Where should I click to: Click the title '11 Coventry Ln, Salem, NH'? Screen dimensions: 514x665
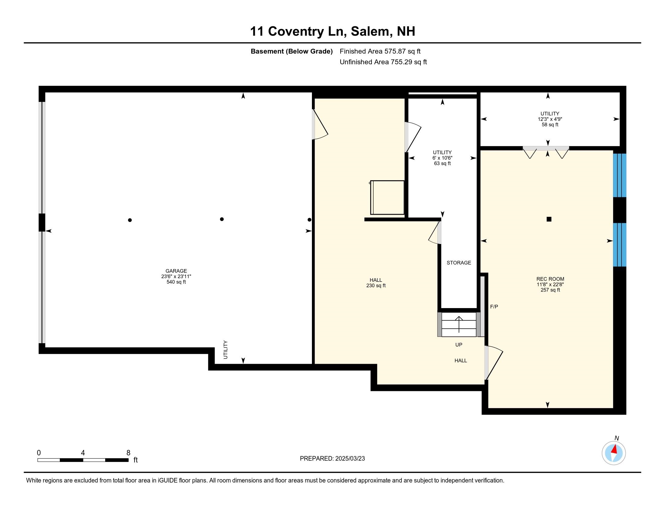[332, 31]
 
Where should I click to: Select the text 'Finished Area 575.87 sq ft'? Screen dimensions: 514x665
[380, 51]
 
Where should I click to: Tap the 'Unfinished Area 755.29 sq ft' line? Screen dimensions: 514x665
[383, 62]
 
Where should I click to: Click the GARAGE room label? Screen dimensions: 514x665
[176, 276]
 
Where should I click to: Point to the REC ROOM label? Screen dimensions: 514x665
[550, 284]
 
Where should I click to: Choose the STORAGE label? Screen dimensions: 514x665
[459, 262]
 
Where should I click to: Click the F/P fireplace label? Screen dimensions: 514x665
[494, 307]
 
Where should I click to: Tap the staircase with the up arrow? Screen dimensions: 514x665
[459, 324]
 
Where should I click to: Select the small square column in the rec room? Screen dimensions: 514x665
[549, 219]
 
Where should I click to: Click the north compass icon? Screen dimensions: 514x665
[614, 453]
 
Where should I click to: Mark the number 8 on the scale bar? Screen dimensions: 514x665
[128, 453]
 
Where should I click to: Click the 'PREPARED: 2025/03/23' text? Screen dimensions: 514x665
[332, 458]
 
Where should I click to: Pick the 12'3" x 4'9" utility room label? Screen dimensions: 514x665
[550, 119]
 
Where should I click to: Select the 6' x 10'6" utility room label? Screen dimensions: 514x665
[442, 158]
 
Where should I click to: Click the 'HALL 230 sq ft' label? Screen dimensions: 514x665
[376, 283]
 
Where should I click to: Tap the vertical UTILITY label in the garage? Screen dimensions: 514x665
[225, 350]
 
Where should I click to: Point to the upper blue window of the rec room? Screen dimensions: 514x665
[619, 175]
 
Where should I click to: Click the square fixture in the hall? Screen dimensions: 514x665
[387, 197]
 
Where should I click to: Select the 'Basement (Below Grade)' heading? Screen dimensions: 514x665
[291, 51]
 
